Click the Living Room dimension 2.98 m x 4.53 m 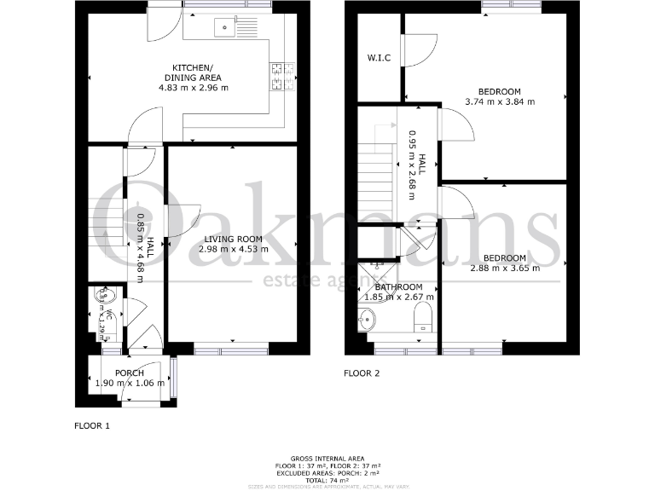pyautogui.click(x=233, y=250)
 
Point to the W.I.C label pyautogui.click(x=378, y=59)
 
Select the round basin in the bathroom pyautogui.click(x=368, y=320)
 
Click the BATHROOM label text pyautogui.click(x=399, y=287)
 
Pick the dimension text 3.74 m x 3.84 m pyautogui.click(x=500, y=101)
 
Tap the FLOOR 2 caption pyautogui.click(x=361, y=373)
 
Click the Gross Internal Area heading pyautogui.click(x=327, y=458)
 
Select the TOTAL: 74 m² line pyautogui.click(x=327, y=478)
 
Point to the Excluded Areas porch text pyautogui.click(x=327, y=471)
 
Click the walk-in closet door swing pyautogui.click(x=418, y=49)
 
